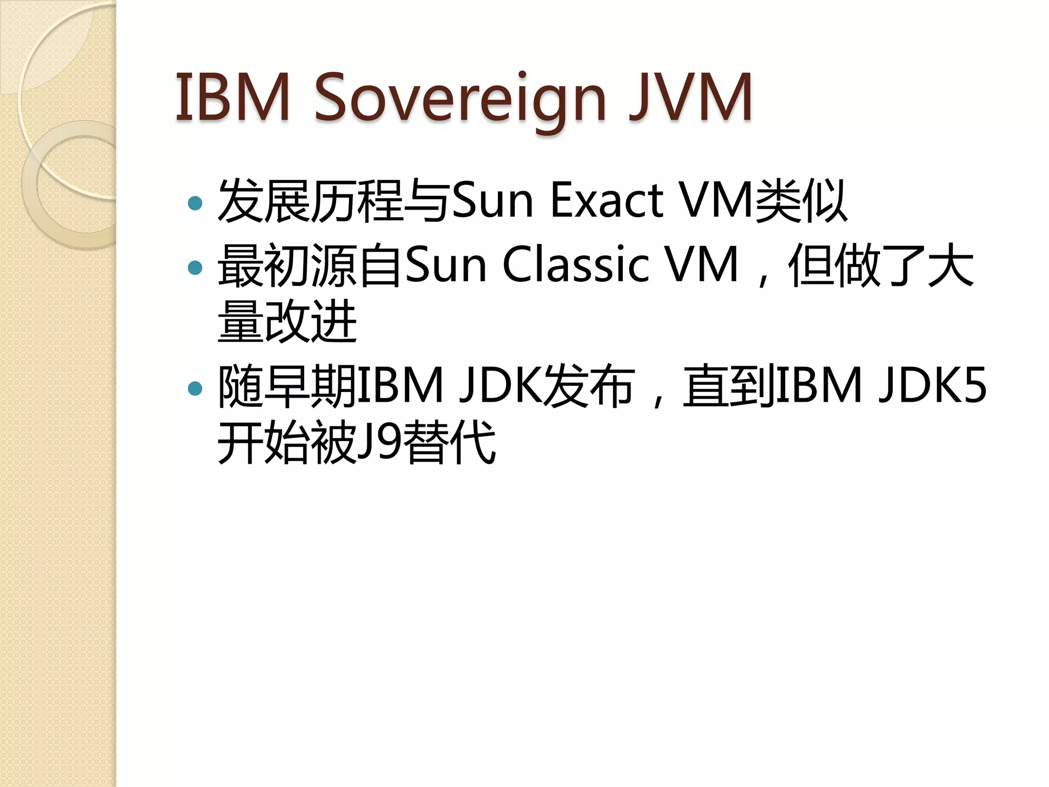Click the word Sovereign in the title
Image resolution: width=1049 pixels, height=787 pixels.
point(459,98)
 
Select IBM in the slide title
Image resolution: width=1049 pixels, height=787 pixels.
point(233,97)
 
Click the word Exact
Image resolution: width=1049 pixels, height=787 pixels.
point(607,201)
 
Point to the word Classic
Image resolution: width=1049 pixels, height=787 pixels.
point(576,265)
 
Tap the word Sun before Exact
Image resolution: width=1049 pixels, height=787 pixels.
point(493,201)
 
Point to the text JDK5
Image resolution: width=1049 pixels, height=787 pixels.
point(933,385)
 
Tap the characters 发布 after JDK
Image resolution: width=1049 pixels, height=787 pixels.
point(589,385)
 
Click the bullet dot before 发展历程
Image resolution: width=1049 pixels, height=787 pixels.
point(195,203)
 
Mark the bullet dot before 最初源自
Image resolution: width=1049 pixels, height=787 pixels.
point(195,267)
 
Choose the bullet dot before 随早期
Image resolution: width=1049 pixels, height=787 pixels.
point(195,388)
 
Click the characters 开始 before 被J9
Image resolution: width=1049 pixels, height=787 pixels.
point(264,442)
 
